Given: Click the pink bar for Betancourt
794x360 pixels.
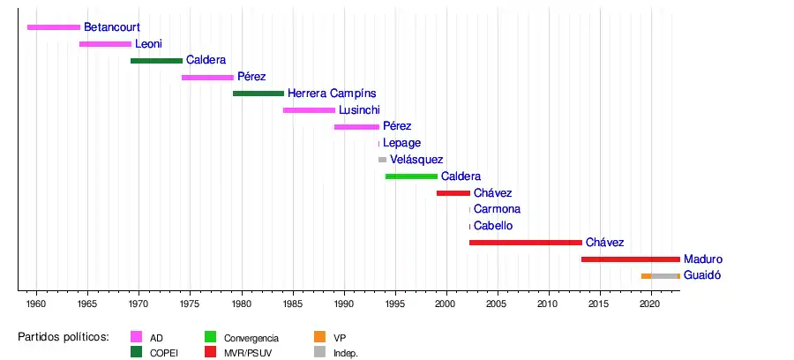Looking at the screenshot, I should [x=54, y=27].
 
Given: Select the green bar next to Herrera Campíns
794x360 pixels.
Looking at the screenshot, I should [x=258, y=94].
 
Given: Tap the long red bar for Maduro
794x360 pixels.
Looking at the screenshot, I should [x=630, y=259].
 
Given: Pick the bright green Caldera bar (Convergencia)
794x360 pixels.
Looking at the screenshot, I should [x=411, y=176].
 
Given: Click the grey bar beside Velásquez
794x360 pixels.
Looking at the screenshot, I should [x=382, y=160].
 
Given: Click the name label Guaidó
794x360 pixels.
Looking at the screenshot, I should [x=702, y=275].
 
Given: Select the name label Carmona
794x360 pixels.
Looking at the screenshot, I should [x=497, y=209].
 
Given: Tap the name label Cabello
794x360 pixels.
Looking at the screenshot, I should [x=493, y=226].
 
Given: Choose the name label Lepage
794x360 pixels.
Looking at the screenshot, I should [x=401, y=143].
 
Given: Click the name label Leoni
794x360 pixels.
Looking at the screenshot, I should [x=148, y=44].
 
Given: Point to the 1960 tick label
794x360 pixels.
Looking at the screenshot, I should [x=36, y=304].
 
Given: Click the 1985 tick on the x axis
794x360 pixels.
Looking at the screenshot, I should [x=294, y=304].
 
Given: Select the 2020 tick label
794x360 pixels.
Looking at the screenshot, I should [x=650, y=304].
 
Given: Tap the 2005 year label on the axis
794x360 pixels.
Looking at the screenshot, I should [x=498, y=304].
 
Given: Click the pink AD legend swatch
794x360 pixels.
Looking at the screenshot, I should [x=137, y=337].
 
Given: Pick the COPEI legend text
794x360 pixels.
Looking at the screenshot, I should [x=164, y=353].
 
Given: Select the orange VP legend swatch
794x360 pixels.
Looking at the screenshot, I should [x=320, y=337].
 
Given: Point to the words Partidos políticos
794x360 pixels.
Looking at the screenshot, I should [x=64, y=337].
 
